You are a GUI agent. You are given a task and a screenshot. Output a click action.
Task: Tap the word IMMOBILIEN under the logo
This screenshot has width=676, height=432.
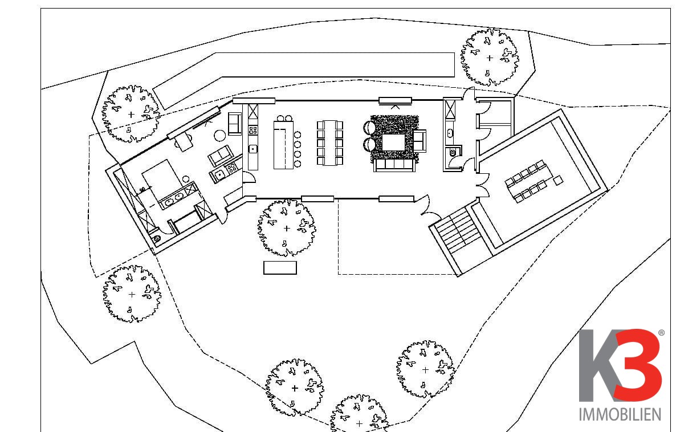(x=620, y=414)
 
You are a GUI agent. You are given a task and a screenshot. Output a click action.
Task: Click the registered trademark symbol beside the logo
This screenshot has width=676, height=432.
(x=661, y=332)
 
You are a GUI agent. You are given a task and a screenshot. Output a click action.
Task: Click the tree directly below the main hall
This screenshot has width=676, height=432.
(x=286, y=227)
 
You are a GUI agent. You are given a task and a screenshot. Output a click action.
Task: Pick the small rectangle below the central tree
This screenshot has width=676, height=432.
(x=280, y=267)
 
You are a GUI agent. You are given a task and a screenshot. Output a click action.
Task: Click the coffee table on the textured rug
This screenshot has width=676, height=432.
(x=393, y=142)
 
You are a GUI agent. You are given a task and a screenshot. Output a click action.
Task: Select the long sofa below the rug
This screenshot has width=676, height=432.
(x=393, y=165)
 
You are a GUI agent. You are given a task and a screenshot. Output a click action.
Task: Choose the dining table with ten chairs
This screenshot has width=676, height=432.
(x=330, y=142)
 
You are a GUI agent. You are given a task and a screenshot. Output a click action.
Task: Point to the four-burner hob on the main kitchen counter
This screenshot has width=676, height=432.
(x=253, y=131)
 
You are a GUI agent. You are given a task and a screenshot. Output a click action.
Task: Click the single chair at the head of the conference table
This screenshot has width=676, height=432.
(x=559, y=180)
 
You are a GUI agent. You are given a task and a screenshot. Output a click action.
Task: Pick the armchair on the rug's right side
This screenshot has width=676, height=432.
(x=420, y=141)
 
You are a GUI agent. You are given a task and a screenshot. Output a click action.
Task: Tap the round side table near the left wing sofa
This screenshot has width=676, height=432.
(x=219, y=135)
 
